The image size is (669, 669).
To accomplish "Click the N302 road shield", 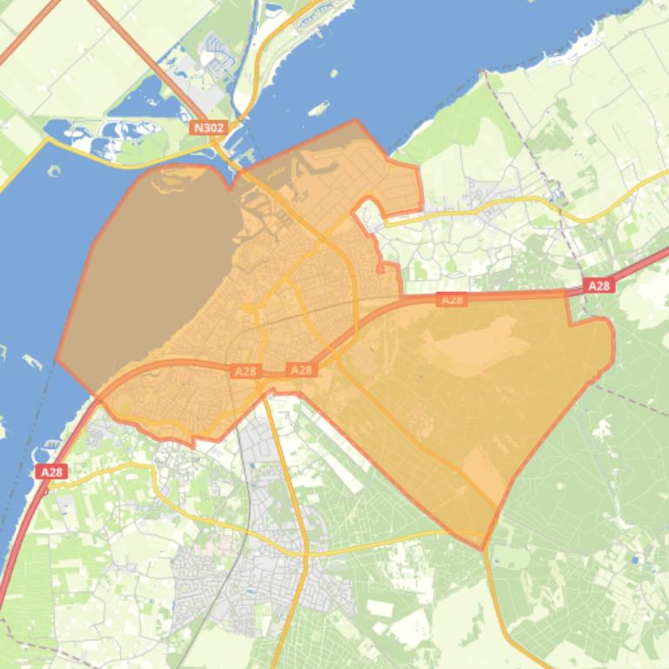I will (x=209, y=128).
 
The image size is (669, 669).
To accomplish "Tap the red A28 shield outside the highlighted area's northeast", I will (x=599, y=285).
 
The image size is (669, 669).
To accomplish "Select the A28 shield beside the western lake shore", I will (x=52, y=472).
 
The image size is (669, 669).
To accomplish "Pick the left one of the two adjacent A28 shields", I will (x=245, y=371).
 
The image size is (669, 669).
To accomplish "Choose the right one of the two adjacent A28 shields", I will (x=301, y=370).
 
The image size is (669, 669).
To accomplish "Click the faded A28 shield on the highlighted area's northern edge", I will (x=452, y=300).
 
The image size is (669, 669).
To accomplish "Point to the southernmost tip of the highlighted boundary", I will (x=482, y=548).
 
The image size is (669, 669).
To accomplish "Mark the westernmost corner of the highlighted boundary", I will (x=57, y=359).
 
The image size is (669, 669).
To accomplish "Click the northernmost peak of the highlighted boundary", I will (x=355, y=121).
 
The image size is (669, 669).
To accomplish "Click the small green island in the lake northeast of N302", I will (x=318, y=109).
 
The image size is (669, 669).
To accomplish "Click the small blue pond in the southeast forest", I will (x=639, y=560).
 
